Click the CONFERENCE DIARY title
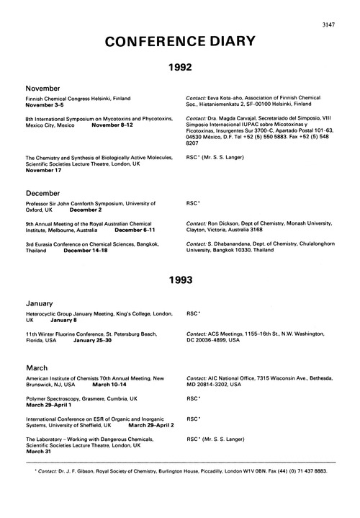(179, 42)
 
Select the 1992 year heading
(179, 68)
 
